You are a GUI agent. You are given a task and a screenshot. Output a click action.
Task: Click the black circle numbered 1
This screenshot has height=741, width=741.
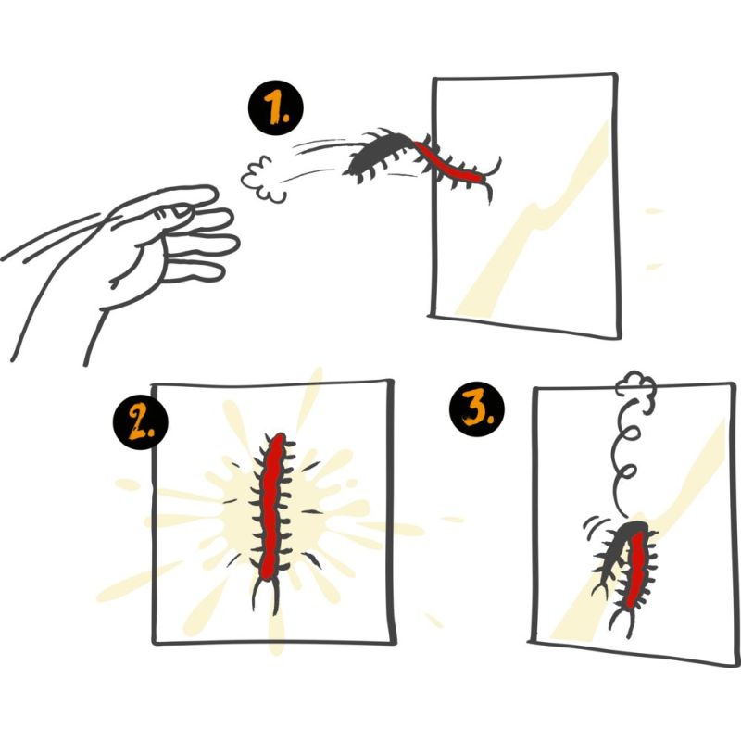click(x=275, y=107)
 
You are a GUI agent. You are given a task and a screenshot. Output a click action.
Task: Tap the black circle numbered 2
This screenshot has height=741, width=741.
click(x=141, y=421)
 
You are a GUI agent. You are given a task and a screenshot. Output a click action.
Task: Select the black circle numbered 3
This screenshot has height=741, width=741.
click(x=476, y=409)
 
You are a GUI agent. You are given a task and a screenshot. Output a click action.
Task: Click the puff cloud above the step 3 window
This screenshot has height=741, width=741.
click(x=635, y=386)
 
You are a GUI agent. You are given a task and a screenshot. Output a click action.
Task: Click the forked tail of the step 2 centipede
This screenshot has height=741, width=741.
click(x=266, y=596)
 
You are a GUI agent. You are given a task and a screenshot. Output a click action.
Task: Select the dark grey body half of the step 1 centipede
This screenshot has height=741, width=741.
click(x=378, y=154)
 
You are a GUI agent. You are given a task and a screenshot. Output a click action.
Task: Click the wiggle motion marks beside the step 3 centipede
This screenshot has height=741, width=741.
click(x=592, y=524)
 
